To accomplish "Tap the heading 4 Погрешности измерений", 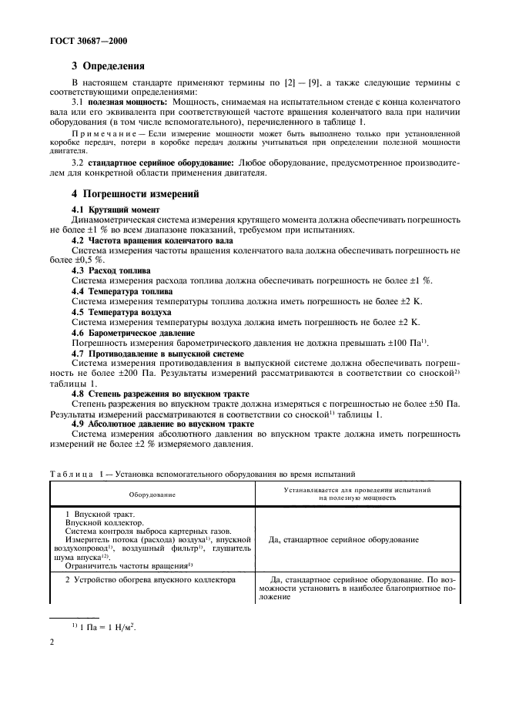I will (125, 194).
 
